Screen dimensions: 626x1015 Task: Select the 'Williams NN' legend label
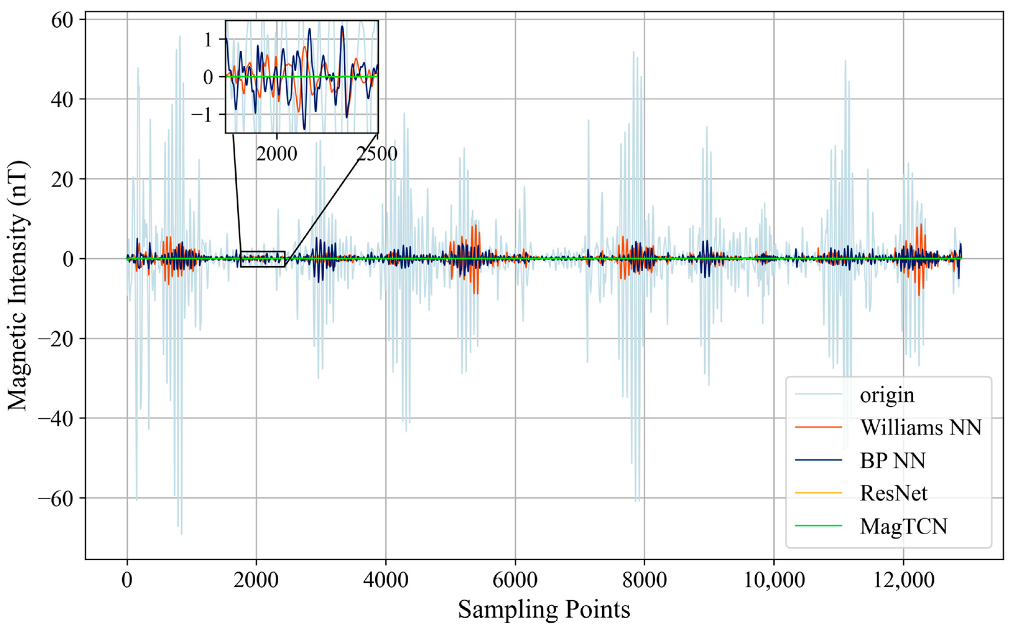click(921, 427)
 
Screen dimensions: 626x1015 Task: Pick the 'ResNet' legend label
click(893, 493)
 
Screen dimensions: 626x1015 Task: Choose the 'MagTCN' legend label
click(903, 526)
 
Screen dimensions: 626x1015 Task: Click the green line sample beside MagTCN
click(818, 526)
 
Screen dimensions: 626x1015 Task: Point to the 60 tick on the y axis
click(63, 20)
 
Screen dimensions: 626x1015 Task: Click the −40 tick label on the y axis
click(57, 418)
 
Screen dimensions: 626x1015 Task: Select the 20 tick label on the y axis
click(63, 179)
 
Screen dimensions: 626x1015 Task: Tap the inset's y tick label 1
click(208, 40)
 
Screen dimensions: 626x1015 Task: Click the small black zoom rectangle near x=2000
click(263, 251)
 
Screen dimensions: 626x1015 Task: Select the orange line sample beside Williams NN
click(818, 427)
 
